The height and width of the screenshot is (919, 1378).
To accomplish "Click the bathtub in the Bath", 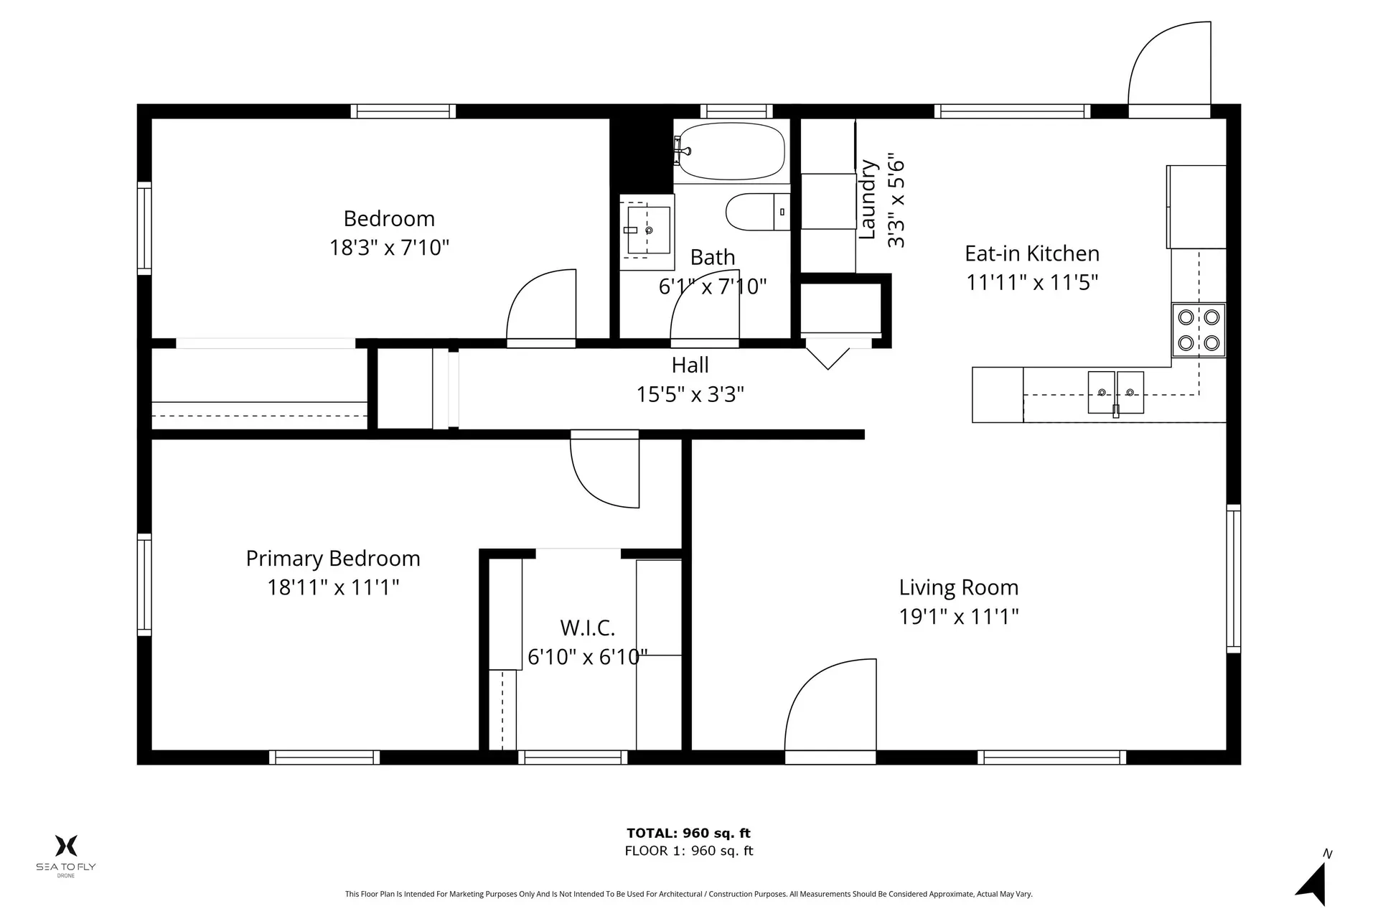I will point(731,151).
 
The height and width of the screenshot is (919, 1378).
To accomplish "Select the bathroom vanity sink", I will point(647,230).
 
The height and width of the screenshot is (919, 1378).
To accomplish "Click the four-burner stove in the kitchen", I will point(1199,330).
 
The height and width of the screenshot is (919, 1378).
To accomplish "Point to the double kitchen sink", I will point(1115,392).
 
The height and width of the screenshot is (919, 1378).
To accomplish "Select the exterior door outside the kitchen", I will point(1170,68).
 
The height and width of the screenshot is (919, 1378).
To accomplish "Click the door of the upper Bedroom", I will point(542,307).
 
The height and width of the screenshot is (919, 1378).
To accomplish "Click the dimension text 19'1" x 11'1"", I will point(959,617).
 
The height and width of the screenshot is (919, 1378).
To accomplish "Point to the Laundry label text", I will point(868,200).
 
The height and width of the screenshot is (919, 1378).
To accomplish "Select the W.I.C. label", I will point(587,628).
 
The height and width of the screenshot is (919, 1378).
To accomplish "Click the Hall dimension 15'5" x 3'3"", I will point(690,394).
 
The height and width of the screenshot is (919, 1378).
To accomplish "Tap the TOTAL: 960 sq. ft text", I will point(688,833).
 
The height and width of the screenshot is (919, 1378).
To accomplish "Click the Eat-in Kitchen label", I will point(1031,253).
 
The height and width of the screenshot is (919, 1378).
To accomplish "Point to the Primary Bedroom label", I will point(333,559).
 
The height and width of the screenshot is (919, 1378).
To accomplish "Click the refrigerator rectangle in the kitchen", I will point(1196,207).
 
